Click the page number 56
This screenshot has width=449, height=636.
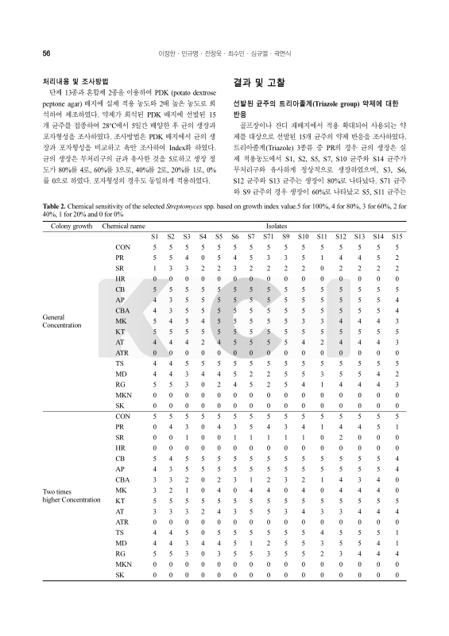tap(46, 52)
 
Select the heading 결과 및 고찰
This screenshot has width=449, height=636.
tap(260, 83)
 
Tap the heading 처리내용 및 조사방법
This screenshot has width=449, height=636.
tap(76, 82)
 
